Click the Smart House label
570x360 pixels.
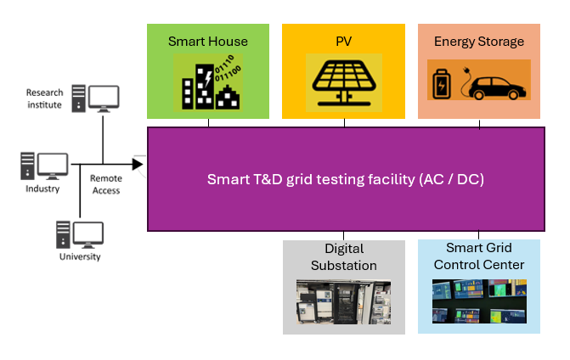(208, 41)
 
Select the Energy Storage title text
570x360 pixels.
(479, 41)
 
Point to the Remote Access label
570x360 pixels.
(106, 184)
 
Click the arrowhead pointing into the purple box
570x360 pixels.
(138, 163)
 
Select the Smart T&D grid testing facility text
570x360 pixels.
(346, 179)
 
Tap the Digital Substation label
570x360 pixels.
(344, 256)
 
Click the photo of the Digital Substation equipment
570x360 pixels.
(343, 304)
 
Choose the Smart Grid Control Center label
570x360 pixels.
(479, 256)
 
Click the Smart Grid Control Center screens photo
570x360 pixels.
(479, 302)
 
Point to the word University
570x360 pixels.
(80, 256)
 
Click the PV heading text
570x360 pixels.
(344, 41)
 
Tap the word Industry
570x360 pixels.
(43, 188)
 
